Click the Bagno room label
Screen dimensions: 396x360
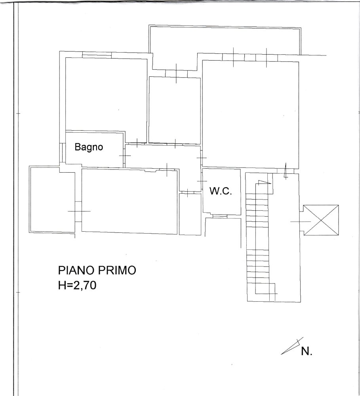click(89, 147)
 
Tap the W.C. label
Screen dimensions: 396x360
click(220, 192)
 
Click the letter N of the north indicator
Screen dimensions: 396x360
click(307, 351)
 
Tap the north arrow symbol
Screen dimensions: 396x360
click(291, 346)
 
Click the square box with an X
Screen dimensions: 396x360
click(321, 220)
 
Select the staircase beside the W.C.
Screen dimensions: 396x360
click(259, 238)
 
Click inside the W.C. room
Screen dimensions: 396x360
click(221, 202)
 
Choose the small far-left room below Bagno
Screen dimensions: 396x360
click(51, 200)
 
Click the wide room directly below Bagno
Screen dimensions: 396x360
click(129, 201)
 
